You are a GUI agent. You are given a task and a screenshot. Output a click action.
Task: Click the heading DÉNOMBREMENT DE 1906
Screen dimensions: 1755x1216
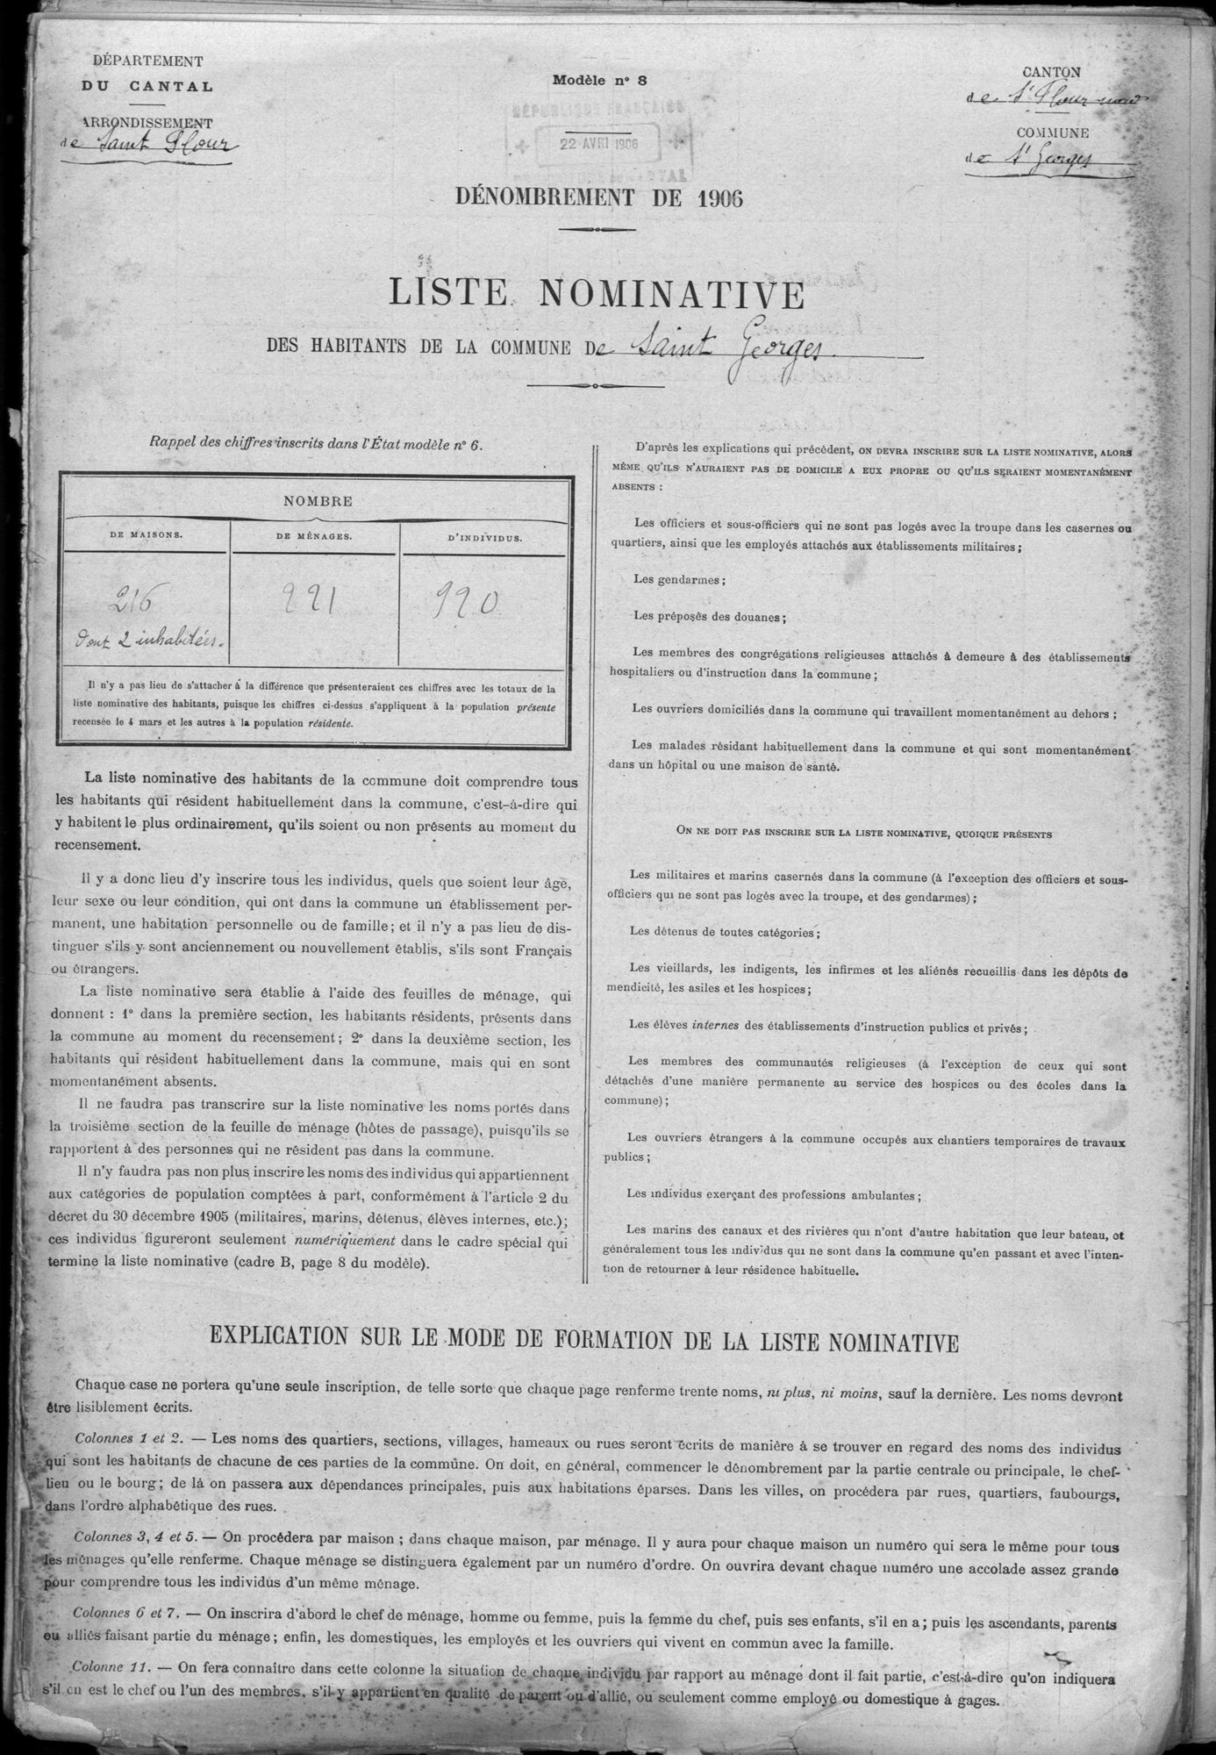click(599, 197)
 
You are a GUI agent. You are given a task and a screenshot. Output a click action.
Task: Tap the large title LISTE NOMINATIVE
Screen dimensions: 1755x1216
click(596, 294)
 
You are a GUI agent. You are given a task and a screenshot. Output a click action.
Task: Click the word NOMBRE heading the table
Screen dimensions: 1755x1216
click(317, 501)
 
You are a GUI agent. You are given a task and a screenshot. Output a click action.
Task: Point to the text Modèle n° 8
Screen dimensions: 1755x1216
click(599, 80)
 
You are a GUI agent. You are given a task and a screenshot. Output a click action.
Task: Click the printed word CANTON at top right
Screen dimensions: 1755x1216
click(1051, 73)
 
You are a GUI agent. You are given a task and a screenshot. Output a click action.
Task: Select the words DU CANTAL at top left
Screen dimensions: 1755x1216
click(147, 86)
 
